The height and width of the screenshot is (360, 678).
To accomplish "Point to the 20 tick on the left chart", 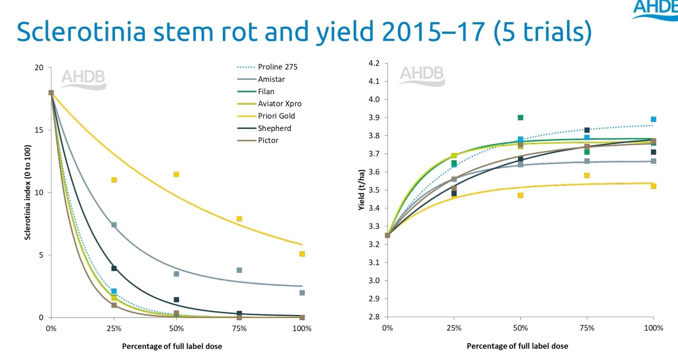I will tap(40, 68).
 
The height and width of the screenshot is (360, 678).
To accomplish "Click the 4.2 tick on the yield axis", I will tap(374, 63).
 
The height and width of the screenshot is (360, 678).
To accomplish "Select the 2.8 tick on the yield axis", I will tap(374, 317).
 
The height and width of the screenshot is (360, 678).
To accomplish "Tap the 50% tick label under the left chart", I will tap(176, 328).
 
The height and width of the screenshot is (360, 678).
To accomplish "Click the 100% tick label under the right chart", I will tap(653, 328).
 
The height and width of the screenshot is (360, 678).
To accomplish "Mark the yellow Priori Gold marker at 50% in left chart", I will tap(176, 175).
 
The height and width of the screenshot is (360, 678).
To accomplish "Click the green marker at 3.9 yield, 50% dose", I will tap(521, 118).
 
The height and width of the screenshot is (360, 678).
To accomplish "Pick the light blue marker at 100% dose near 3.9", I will tap(653, 120).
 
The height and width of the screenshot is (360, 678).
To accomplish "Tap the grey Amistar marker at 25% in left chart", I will tap(114, 225).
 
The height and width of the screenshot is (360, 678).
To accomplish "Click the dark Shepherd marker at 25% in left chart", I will tap(114, 268).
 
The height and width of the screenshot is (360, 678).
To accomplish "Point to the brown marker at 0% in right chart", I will tap(387, 235).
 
